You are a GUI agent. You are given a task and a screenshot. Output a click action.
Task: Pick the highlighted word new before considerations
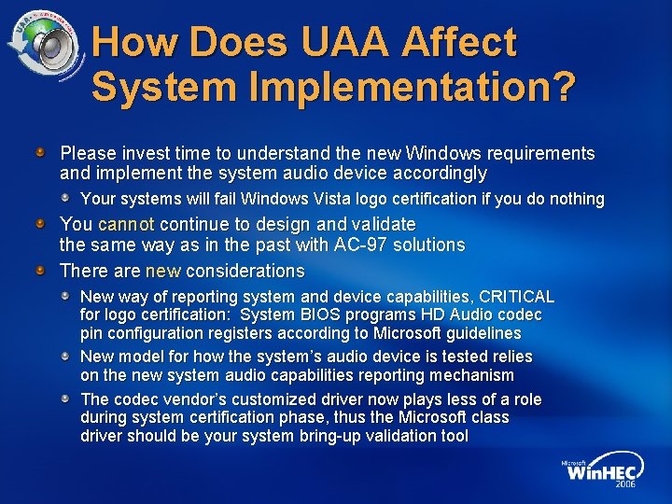click(x=163, y=271)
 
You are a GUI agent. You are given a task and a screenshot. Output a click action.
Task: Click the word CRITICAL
click(x=517, y=296)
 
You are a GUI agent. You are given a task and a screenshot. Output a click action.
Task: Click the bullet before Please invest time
click(x=41, y=151)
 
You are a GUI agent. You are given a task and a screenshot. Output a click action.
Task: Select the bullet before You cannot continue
click(x=41, y=224)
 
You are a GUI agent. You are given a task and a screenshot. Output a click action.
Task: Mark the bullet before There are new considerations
click(x=41, y=271)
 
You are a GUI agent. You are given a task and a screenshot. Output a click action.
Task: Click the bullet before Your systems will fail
click(x=67, y=198)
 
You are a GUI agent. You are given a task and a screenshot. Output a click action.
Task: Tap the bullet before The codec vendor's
click(x=67, y=399)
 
